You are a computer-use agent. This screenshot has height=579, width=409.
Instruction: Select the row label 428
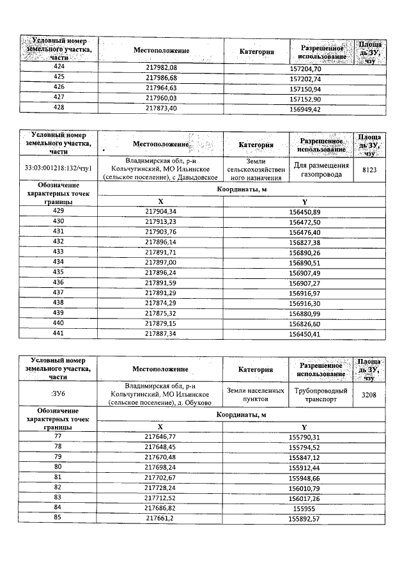click(59, 109)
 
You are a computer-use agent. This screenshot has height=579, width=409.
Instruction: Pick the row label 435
click(59, 272)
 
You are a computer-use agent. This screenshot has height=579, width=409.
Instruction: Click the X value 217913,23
click(161, 221)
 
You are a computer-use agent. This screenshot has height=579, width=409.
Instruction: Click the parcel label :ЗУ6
click(59, 395)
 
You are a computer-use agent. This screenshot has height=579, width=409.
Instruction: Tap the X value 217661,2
click(161, 516)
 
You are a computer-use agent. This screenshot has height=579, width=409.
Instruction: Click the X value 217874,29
click(161, 303)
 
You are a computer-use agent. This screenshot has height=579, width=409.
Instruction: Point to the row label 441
click(59, 333)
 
